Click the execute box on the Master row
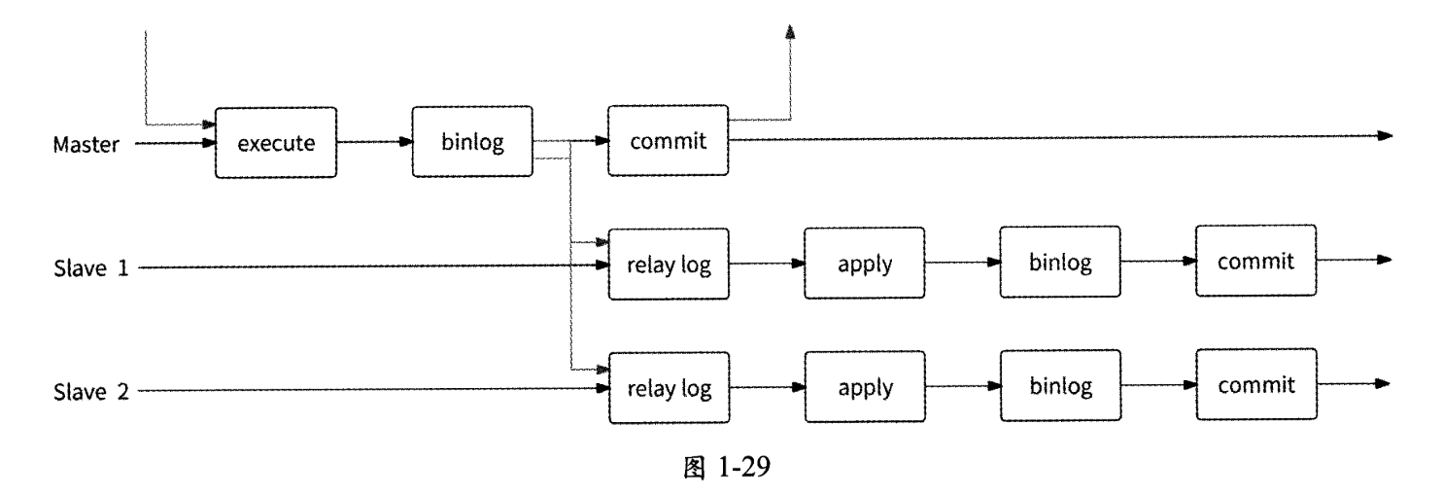pos(276,143)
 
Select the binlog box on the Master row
pos(472,142)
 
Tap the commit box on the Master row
pos(668,142)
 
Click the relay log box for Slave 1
pos(669,265)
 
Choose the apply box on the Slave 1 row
pos(865,265)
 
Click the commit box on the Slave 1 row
pos(1256,262)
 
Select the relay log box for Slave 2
pos(669,389)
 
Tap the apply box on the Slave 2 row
pos(865,389)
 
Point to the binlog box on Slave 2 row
pos(1061,386)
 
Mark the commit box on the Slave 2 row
pos(1256,385)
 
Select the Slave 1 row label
pos(91,266)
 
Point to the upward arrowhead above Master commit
pos(790,33)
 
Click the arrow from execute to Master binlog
pos(375,143)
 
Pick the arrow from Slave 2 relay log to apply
pos(767,387)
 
